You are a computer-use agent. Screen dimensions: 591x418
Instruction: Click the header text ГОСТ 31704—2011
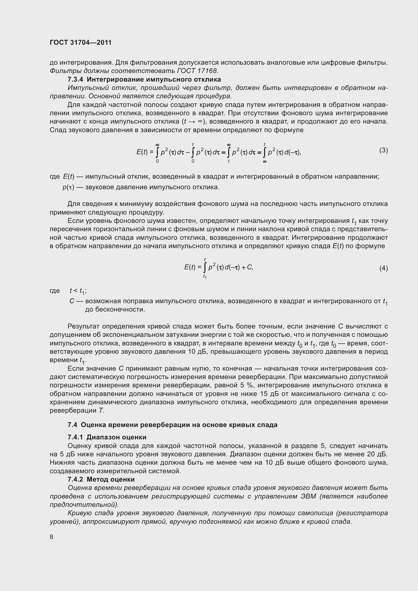click(x=81, y=42)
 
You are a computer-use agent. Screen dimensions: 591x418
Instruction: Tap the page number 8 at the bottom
click(x=52, y=537)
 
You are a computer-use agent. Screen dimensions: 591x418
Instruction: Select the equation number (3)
click(x=383, y=150)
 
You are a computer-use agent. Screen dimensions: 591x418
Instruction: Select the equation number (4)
click(x=383, y=268)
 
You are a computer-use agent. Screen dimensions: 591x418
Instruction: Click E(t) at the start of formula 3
click(x=142, y=152)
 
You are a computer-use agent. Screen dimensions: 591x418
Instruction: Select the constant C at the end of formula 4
click(x=249, y=267)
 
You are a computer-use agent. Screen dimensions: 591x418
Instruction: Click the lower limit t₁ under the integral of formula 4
click(x=205, y=277)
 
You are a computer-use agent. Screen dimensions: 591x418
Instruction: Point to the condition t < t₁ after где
click(x=78, y=291)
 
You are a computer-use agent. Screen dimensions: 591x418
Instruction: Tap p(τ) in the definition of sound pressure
click(x=68, y=187)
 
